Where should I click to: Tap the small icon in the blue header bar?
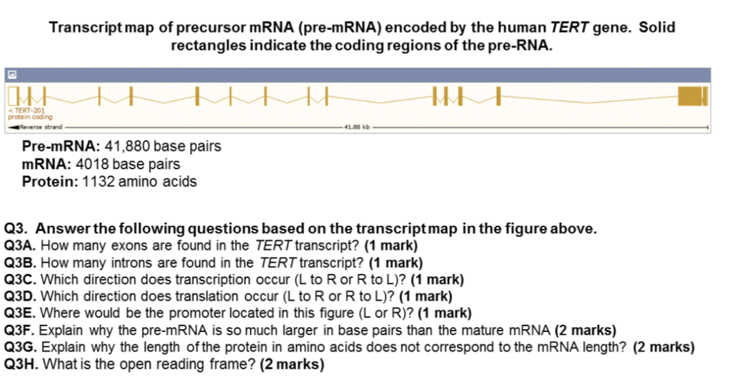point(12,74)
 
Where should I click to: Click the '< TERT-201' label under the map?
point(26,111)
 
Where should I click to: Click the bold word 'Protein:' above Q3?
point(50,181)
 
